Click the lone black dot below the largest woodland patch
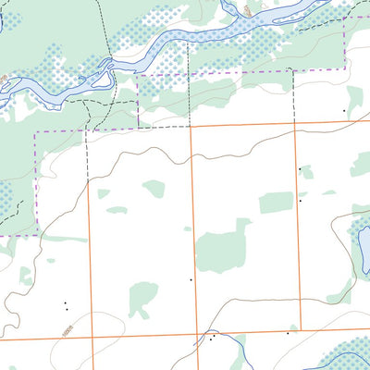(191, 278)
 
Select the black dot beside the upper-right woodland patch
(345, 111)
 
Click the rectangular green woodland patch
(275, 203)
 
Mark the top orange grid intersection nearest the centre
(191, 127)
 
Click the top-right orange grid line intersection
(295, 124)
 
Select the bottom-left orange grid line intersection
(92, 338)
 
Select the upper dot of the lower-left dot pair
(65, 302)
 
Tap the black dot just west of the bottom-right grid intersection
(288, 332)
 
